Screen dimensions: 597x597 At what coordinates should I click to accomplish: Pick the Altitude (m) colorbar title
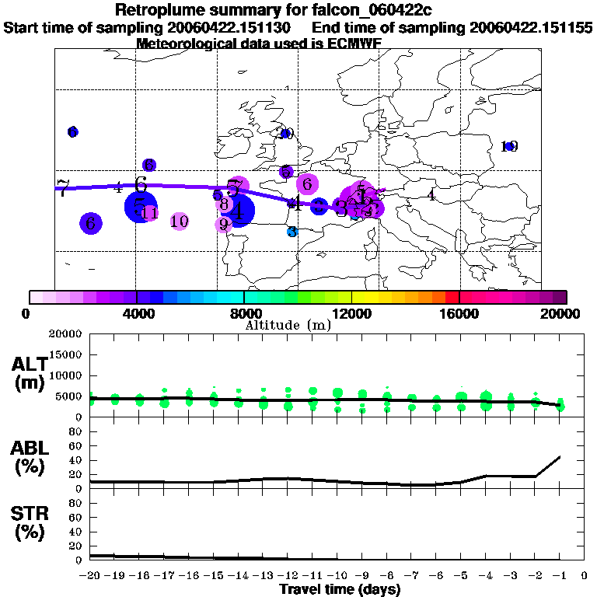point(288,325)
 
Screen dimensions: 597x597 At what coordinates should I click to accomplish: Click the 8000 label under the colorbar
point(245,313)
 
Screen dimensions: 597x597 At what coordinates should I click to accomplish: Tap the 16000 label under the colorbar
point(460,313)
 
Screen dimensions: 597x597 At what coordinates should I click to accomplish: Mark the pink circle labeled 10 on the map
point(180,222)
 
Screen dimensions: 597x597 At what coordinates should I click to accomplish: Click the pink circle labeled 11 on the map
point(150,213)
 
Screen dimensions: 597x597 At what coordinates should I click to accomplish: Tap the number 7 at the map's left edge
point(62,187)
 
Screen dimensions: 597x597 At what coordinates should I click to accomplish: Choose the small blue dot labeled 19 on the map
point(510,146)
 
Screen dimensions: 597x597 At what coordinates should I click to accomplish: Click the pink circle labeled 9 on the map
point(224,225)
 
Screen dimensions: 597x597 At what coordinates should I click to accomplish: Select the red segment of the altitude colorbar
point(452,297)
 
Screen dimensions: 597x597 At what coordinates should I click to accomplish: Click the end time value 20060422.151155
point(531,27)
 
